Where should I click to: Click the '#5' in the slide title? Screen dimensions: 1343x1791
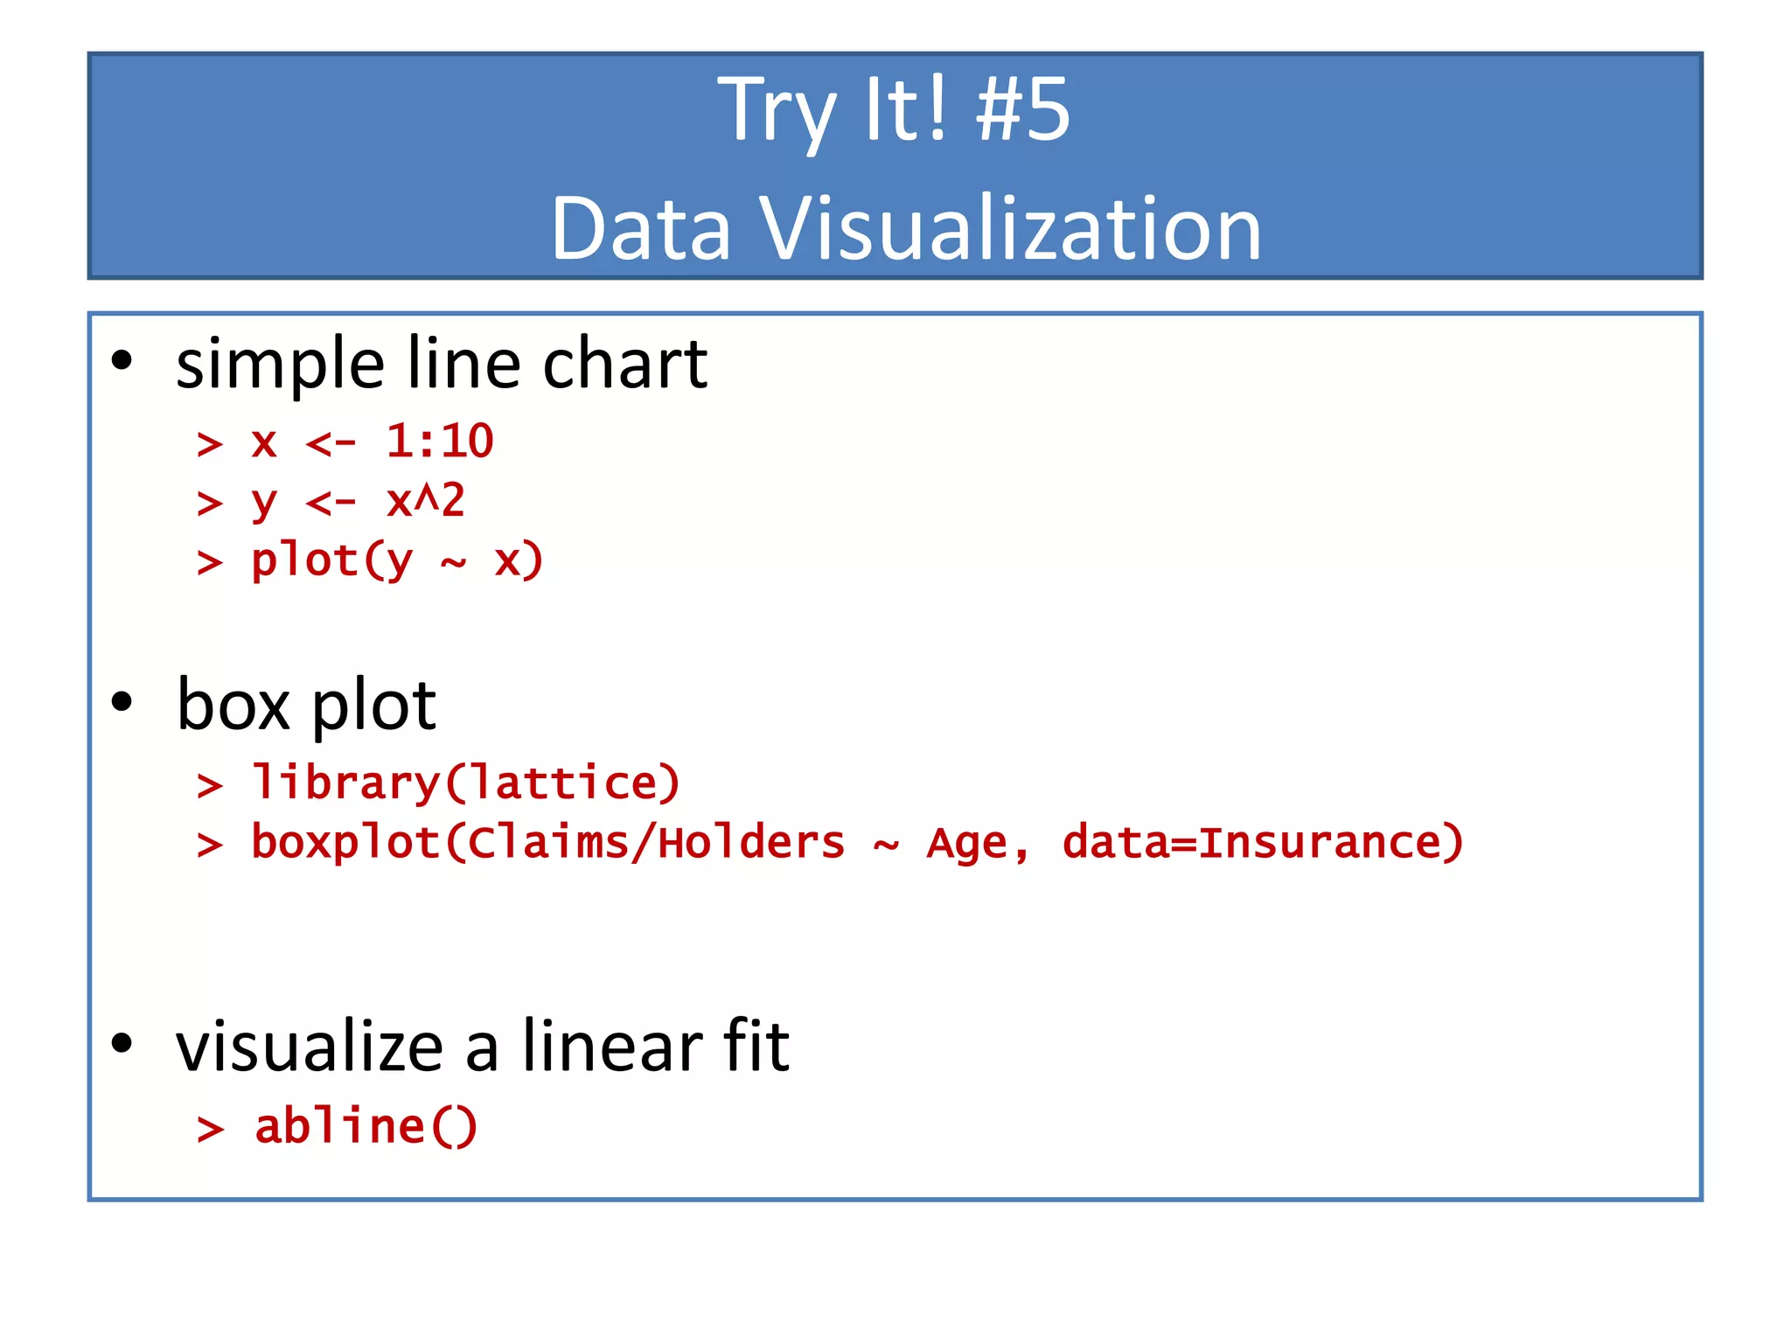pyautogui.click(x=1023, y=111)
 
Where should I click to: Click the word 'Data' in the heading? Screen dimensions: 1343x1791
pyautogui.click(x=641, y=229)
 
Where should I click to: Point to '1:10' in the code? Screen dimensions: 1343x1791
pyautogui.click(x=440, y=441)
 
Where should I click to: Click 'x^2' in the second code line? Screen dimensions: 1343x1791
pyautogui.click(x=426, y=501)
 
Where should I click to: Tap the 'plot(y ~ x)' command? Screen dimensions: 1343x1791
pyautogui.click(x=397, y=560)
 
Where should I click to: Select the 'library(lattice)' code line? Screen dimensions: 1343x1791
pyautogui.click(x=465, y=783)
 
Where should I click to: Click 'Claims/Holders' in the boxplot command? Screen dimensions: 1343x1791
pyautogui.click(x=657, y=843)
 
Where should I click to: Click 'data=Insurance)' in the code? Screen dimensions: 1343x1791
pyautogui.click(x=1263, y=843)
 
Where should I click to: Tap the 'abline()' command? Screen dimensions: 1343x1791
pyautogui.click(x=366, y=1126)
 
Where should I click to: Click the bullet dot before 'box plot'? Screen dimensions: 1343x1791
pyautogui.click(x=122, y=701)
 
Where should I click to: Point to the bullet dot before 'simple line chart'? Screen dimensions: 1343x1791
pyautogui.click(x=122, y=360)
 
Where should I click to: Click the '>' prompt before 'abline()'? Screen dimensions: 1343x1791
pyautogui.click(x=210, y=1129)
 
